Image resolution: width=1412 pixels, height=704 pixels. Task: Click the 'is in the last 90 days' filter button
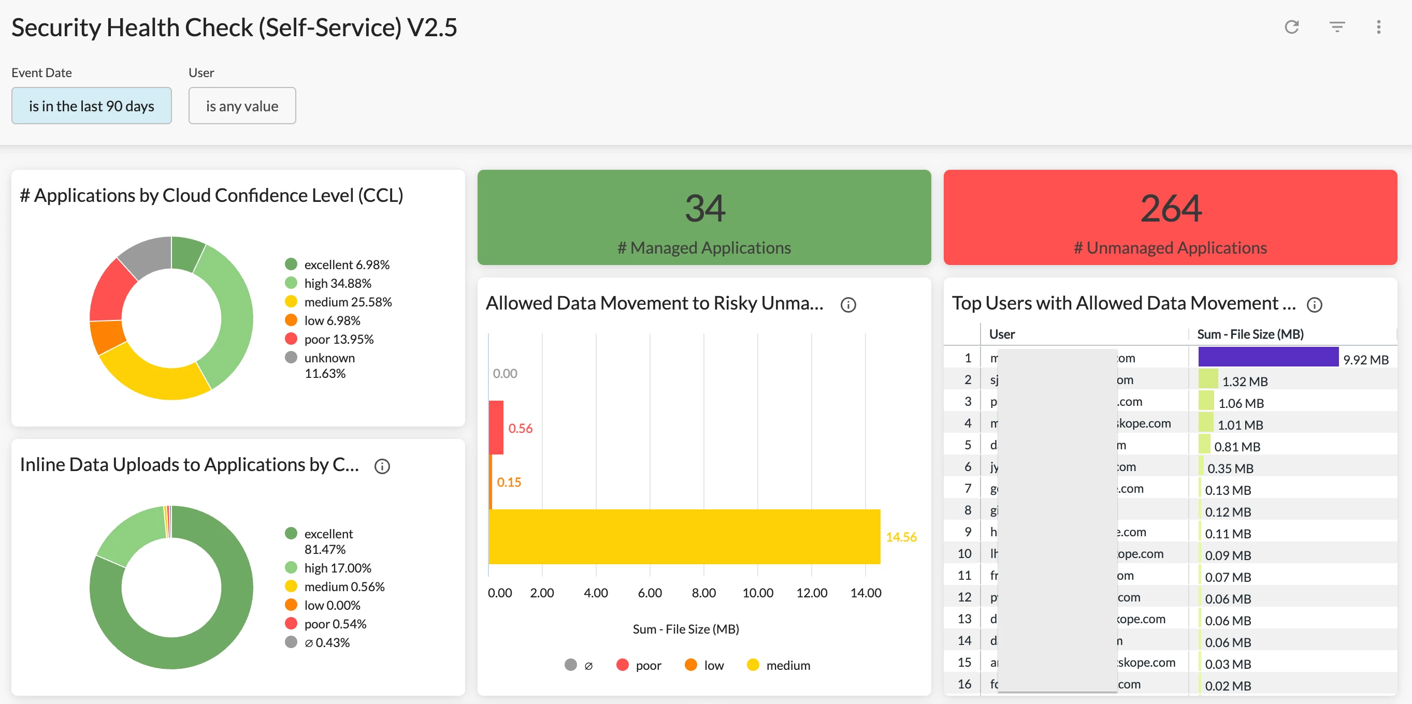point(92,106)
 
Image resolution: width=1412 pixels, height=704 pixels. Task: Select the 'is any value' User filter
point(242,106)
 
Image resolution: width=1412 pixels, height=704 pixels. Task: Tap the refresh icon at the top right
point(1291,27)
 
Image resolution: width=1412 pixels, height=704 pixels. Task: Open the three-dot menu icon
point(1378,27)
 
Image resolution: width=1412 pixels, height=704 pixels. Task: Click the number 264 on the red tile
point(1170,209)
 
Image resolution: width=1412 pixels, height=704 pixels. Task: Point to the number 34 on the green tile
point(704,209)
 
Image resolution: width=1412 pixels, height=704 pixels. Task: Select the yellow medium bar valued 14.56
point(684,536)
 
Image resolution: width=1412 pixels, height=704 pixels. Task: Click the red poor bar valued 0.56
point(496,428)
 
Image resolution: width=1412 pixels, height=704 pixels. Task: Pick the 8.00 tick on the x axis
point(703,593)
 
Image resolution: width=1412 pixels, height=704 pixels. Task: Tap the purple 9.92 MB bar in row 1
point(1268,357)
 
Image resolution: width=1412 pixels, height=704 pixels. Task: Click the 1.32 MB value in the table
point(1244,382)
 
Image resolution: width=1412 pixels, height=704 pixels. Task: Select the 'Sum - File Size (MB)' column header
point(1250,334)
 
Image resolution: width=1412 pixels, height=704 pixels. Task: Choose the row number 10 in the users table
point(964,554)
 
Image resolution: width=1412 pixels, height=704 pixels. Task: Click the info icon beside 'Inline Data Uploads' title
point(382,466)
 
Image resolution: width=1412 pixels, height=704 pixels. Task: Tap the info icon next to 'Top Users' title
point(1315,304)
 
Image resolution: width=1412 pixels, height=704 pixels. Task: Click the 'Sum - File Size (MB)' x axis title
point(685,629)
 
